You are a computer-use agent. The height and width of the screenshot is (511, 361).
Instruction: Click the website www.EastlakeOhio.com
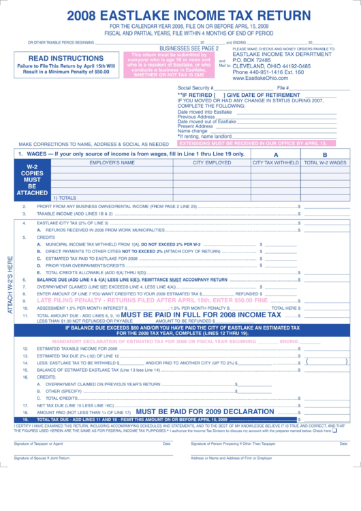pos(260,78)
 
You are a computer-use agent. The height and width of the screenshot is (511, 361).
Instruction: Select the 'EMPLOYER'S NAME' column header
pos(112,163)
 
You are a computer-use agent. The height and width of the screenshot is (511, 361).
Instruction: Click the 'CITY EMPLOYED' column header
pos(212,163)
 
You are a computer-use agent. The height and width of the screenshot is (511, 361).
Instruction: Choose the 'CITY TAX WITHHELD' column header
pos(276,163)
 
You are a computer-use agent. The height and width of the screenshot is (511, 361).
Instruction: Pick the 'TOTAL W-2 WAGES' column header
pos(325,163)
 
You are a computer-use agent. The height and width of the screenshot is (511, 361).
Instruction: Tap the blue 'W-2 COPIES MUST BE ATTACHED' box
pos(32,180)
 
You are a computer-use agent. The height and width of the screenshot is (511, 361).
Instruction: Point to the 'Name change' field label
pos(192,131)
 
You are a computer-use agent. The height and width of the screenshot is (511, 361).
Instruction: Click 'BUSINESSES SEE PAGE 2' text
pos(189,48)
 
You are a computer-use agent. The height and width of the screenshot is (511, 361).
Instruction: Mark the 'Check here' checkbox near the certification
pos(334,430)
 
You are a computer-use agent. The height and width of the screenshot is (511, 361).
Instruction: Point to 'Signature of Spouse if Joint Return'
pos(42,458)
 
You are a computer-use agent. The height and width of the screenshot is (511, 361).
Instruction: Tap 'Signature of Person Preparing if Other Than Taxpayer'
pos(233,443)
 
